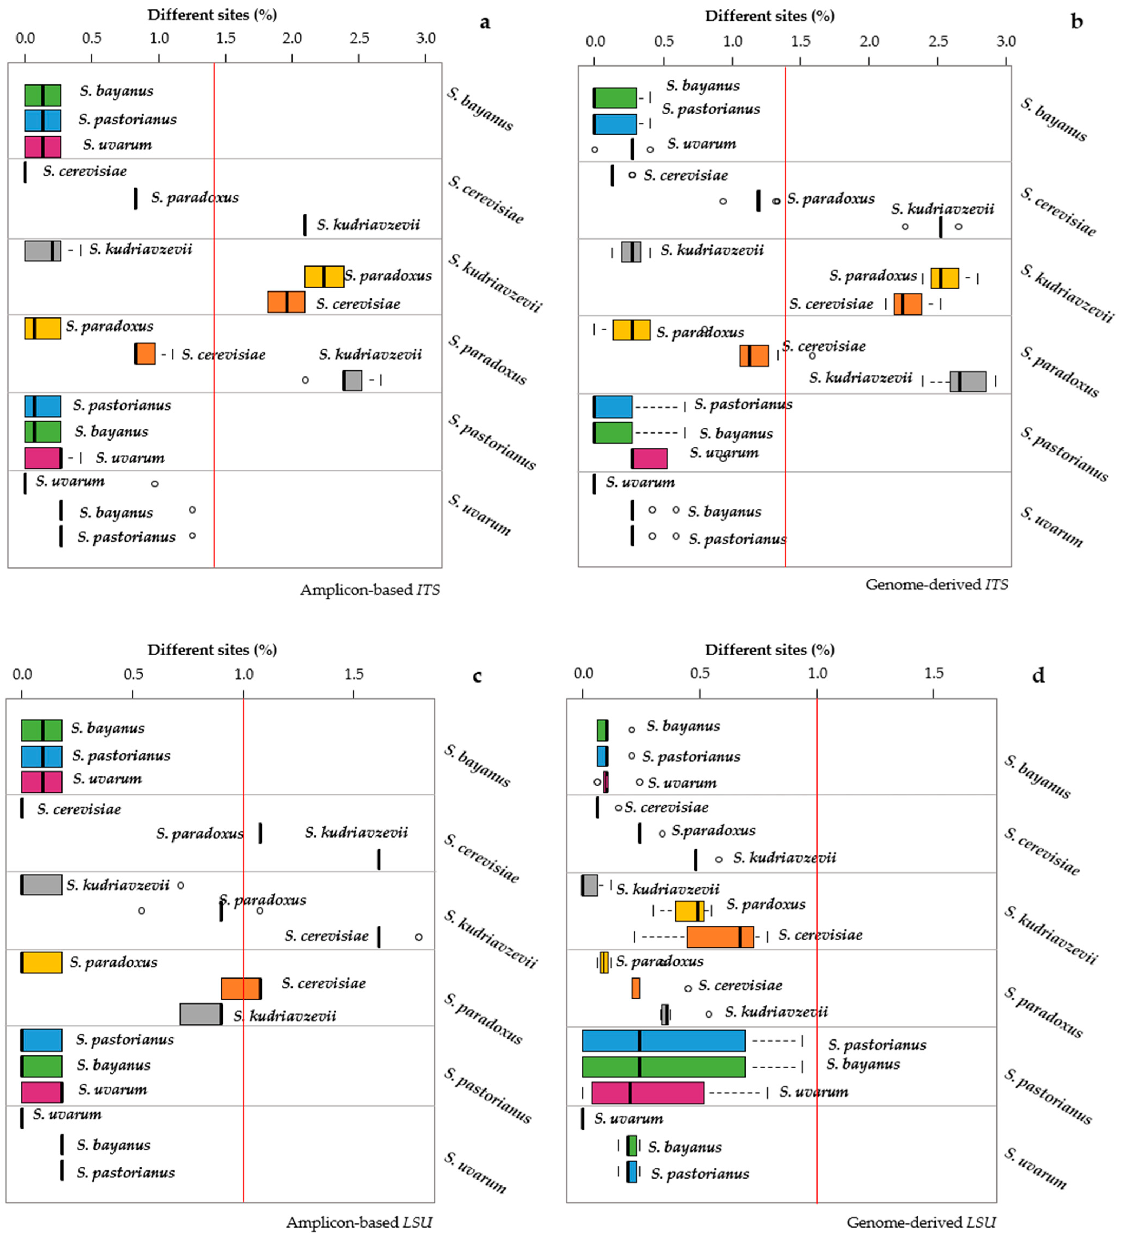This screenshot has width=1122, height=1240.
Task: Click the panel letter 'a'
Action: (x=485, y=23)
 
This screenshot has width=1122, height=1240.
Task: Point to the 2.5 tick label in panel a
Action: (x=359, y=38)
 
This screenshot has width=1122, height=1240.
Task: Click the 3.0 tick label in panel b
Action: (x=1006, y=41)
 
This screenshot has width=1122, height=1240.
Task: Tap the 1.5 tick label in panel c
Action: (x=354, y=674)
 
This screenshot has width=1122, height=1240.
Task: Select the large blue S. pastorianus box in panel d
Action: (x=664, y=1041)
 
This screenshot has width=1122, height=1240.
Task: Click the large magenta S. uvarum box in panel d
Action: (x=648, y=1093)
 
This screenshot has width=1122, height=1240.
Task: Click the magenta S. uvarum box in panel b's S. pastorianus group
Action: (x=649, y=458)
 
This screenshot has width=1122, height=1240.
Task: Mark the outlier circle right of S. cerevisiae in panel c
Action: (x=419, y=937)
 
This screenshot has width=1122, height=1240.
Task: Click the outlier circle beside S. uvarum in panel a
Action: (x=155, y=483)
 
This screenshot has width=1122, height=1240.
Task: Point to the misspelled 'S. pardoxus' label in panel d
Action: (x=765, y=904)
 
